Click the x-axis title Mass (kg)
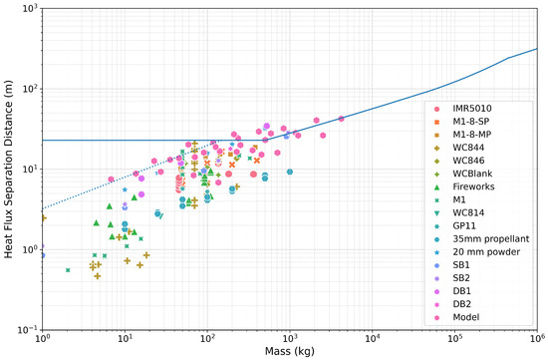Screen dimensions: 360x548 pos(290,351)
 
